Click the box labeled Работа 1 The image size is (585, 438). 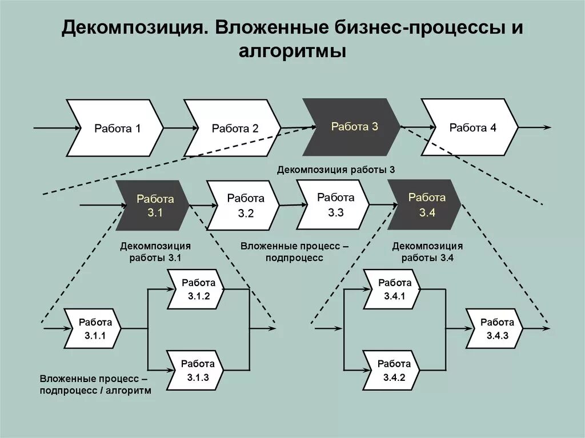click(117, 128)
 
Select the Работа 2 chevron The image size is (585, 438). click(235, 128)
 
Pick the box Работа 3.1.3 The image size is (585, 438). click(198, 370)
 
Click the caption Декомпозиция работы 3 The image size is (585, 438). click(336, 170)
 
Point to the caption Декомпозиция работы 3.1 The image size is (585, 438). click(155, 251)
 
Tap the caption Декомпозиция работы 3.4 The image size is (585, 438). click(427, 251)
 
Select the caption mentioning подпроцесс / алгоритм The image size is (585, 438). click(95, 384)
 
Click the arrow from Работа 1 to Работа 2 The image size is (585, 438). click(174, 128)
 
